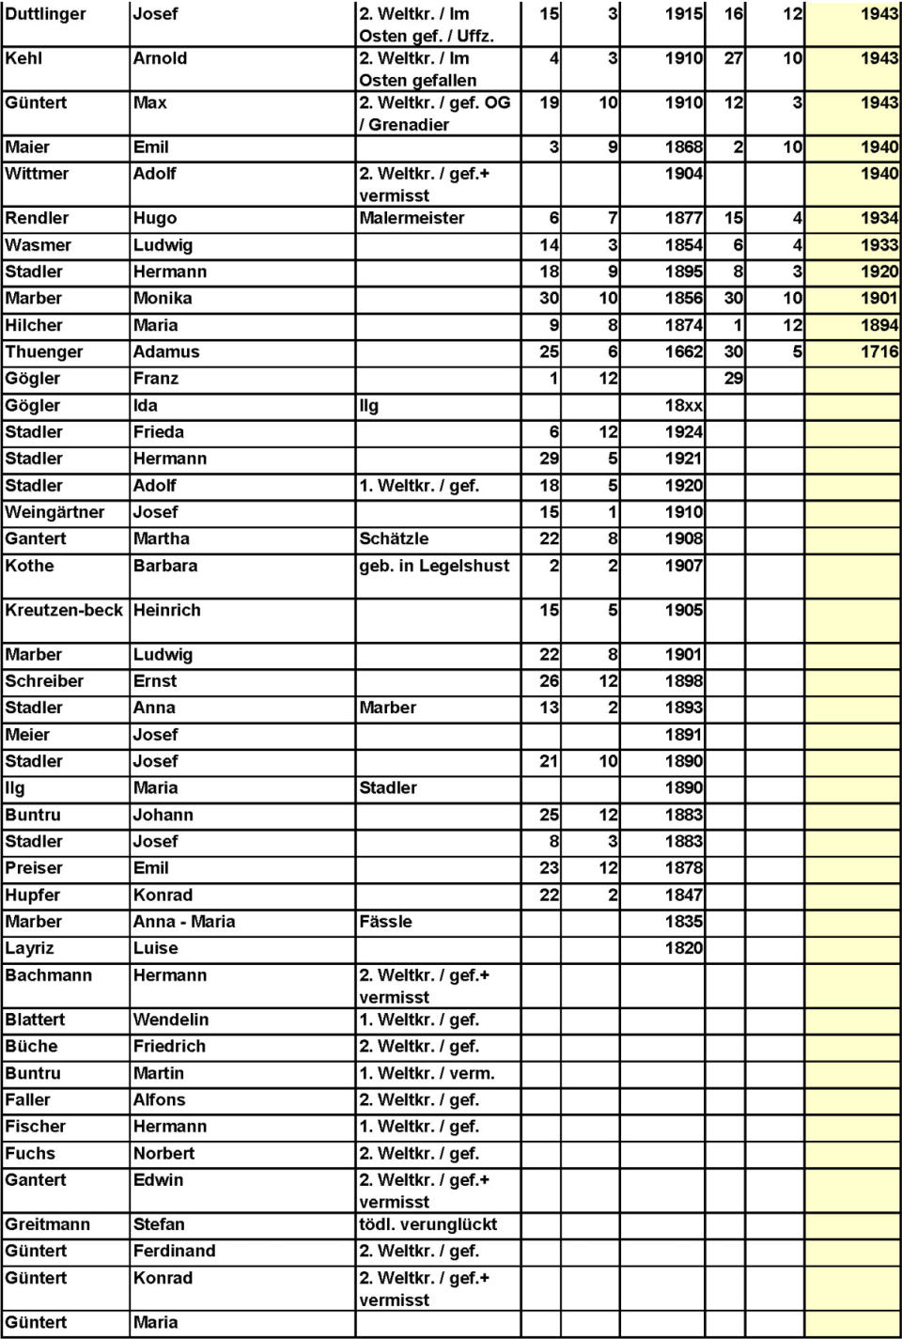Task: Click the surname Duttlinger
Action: click(45, 14)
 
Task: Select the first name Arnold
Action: click(160, 58)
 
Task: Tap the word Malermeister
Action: click(412, 218)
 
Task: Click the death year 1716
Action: click(879, 352)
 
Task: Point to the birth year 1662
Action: click(683, 352)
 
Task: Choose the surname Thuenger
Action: click(44, 352)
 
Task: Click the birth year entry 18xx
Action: click(683, 406)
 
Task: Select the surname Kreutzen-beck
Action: click(64, 610)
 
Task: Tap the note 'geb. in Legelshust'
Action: click(434, 566)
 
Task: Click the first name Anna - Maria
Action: click(184, 922)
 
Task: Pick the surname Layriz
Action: click(29, 948)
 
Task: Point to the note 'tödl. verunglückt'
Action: click(428, 1224)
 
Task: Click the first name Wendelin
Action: click(171, 1020)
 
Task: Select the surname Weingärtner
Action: click(54, 512)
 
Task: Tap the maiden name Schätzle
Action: click(394, 538)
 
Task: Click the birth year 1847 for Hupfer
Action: click(683, 895)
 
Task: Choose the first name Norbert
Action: click(163, 1153)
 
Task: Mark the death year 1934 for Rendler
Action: click(879, 218)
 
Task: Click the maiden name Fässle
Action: click(385, 922)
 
